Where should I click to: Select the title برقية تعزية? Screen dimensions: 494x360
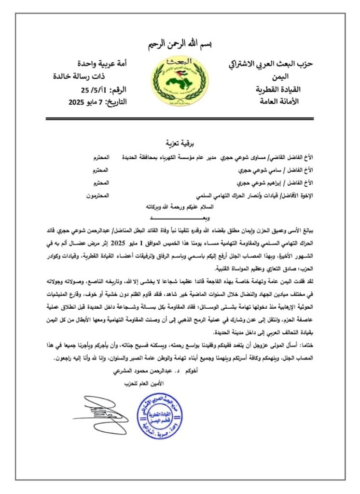[179, 143]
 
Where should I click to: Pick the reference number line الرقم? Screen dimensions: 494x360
[103, 90]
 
